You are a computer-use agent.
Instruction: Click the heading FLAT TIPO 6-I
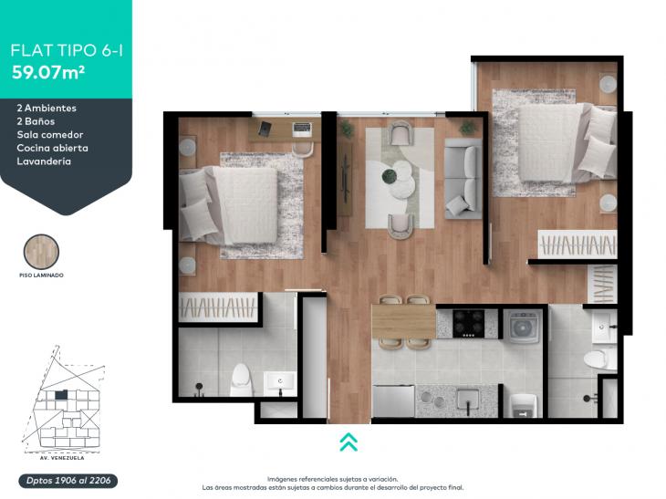point(67,50)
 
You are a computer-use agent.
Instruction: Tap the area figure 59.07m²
point(48,73)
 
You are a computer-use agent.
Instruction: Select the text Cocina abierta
point(53,148)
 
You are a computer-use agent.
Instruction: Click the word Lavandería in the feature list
point(44,161)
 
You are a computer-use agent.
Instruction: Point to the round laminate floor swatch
point(41,252)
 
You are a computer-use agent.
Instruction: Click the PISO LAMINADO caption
point(41,275)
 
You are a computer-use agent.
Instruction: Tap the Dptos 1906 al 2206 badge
point(68,481)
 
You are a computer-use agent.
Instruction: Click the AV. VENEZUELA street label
point(59,458)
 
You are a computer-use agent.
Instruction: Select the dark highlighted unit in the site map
point(61,395)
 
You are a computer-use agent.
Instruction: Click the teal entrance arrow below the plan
point(349,442)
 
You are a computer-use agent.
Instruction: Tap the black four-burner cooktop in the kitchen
point(469,324)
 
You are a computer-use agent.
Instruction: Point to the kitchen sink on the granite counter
point(468,400)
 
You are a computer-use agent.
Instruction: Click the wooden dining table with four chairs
point(404,322)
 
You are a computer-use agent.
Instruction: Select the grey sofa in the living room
point(463,179)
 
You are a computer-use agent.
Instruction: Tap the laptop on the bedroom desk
point(302,127)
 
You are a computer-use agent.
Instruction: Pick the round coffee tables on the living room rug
point(401,179)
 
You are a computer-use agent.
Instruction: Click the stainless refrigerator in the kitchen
point(393,400)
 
